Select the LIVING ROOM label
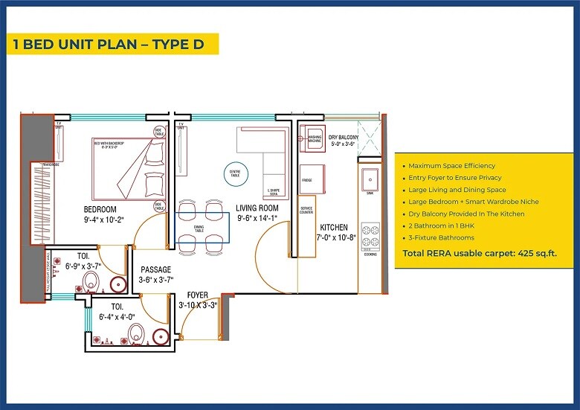(x=257, y=208)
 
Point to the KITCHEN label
(x=335, y=227)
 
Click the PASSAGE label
(x=155, y=269)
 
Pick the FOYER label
(x=197, y=294)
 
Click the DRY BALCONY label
(x=344, y=138)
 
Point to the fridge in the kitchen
(x=306, y=180)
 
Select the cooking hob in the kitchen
(x=370, y=237)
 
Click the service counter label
(x=306, y=210)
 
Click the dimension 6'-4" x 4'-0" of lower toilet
(x=119, y=316)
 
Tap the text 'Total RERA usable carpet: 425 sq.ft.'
(x=479, y=253)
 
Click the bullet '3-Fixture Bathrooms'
(x=441, y=237)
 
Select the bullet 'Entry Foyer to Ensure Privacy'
(x=454, y=178)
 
